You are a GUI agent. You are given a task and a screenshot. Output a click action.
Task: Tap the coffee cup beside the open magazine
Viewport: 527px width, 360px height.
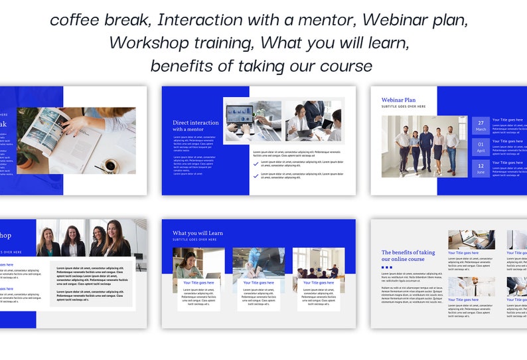110,164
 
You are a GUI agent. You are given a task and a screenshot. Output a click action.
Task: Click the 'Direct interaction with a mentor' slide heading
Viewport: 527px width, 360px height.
195,126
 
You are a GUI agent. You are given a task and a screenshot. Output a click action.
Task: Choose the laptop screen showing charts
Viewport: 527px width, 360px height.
244,113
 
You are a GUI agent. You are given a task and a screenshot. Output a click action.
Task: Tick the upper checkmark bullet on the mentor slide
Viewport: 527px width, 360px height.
256,162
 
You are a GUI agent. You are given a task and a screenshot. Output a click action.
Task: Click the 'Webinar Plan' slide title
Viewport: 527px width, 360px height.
398,100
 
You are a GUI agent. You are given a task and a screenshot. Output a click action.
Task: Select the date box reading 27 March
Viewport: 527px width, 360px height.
481,126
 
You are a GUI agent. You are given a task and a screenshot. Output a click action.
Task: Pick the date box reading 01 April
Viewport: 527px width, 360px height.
481,147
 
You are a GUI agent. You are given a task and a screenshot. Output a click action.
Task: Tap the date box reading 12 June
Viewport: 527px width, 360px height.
481,167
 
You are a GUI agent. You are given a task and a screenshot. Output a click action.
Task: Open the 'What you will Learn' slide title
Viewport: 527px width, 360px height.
197,233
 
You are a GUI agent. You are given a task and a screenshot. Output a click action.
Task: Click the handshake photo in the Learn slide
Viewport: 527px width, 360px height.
258,262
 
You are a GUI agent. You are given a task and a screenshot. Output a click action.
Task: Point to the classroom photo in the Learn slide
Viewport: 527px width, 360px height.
319,262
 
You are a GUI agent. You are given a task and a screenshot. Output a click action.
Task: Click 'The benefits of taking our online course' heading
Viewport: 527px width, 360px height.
408,256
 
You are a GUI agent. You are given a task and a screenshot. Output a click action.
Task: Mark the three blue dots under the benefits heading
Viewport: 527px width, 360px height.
386,268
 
